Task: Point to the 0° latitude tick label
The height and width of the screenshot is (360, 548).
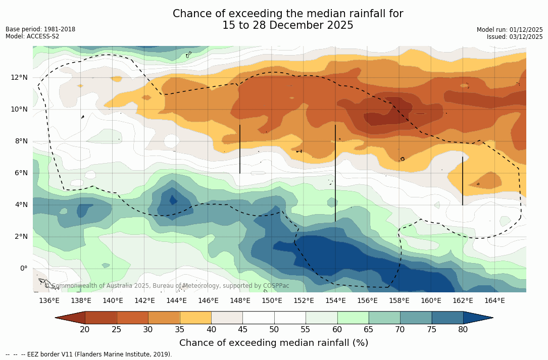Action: pos(24,269)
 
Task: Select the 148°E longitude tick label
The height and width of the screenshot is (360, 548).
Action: pos(240,300)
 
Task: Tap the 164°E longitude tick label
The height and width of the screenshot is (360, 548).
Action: pos(494,300)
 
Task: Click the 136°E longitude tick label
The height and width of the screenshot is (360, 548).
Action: pos(49,300)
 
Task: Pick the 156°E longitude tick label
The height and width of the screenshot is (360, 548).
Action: pos(367,300)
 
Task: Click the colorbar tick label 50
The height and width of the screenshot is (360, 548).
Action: pos(274,330)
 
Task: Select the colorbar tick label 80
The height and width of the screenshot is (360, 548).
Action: pos(463,330)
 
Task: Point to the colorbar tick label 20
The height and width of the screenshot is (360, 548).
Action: pos(85,330)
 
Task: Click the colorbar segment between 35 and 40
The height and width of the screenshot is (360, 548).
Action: pos(195,318)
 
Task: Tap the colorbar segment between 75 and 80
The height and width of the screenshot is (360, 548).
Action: pos(447,318)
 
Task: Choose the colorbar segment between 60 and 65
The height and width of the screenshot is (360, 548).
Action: pos(353,318)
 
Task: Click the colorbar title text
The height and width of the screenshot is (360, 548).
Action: pos(274,343)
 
